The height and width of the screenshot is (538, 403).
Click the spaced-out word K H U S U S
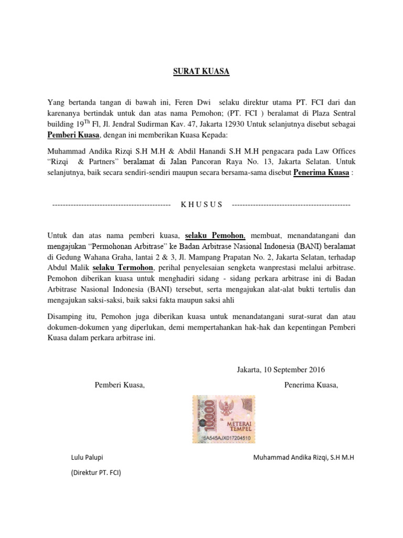[201, 204]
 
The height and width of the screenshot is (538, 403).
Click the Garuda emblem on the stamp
[229, 407]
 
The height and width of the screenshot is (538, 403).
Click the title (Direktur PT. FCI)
[96, 473]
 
